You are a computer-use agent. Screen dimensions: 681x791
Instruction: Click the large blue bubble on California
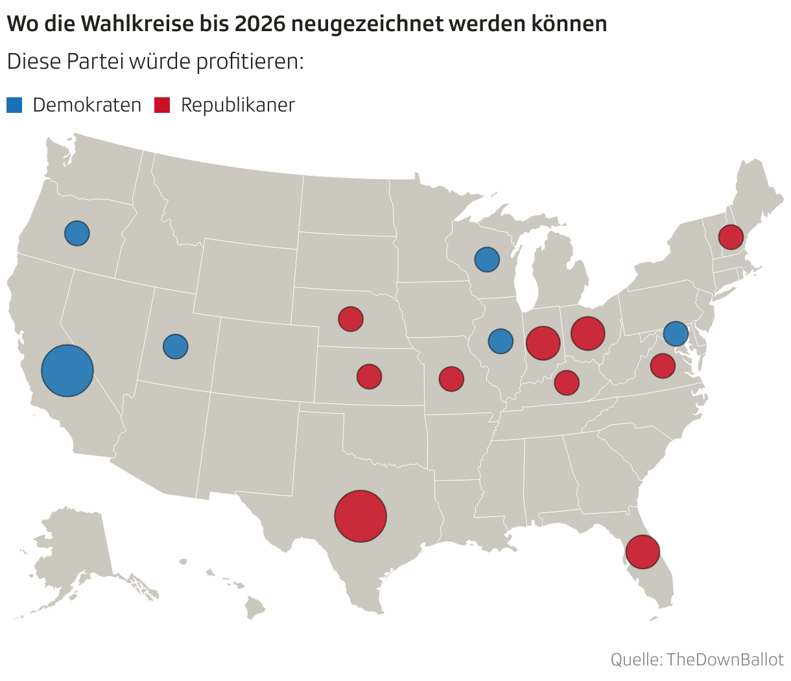(x=67, y=370)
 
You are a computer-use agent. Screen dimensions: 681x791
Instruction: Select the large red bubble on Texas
(x=360, y=516)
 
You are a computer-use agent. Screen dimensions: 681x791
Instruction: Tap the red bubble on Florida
(x=643, y=552)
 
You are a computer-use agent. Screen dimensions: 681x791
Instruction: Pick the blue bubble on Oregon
(x=77, y=233)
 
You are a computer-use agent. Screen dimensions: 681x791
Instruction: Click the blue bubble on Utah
(x=175, y=346)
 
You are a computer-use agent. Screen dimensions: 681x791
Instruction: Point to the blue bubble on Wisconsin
(x=487, y=259)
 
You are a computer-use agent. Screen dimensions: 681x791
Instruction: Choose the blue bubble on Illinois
(x=500, y=340)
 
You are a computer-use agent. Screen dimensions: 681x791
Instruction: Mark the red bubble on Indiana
(x=543, y=342)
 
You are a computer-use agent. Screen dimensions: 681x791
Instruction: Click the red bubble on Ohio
(x=587, y=333)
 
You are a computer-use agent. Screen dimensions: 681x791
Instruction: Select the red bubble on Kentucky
(x=566, y=383)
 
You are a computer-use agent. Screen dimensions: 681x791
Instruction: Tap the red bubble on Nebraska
(x=350, y=319)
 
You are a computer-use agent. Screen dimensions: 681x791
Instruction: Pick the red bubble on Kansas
(x=369, y=376)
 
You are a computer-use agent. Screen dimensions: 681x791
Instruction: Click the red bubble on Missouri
(x=451, y=379)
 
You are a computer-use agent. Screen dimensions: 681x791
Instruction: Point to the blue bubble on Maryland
(x=676, y=334)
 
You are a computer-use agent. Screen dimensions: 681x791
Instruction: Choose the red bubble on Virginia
(x=662, y=366)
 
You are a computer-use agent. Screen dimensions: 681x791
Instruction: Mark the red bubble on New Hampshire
(x=731, y=237)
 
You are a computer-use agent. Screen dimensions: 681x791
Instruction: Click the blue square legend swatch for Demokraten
(x=14, y=105)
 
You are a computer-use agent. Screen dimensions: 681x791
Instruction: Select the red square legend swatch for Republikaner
(x=162, y=105)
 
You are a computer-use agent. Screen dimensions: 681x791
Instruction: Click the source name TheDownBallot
(x=725, y=660)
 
